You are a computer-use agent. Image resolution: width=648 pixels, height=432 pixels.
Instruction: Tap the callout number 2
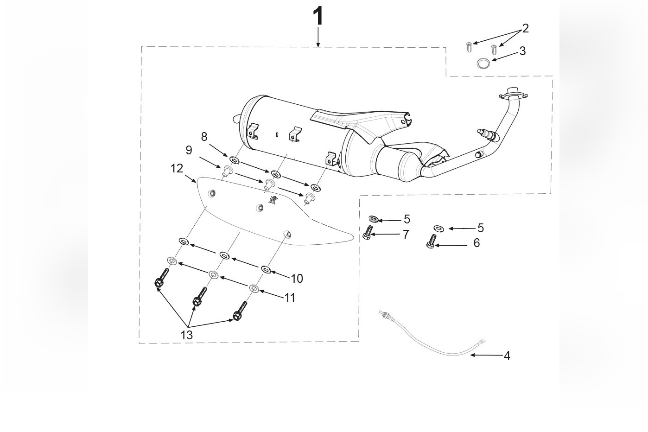525,28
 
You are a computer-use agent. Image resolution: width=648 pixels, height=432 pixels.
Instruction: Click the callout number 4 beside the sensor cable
507,356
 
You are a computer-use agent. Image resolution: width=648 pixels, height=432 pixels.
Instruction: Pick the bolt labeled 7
368,232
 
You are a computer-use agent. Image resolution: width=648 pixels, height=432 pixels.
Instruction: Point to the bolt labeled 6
432,241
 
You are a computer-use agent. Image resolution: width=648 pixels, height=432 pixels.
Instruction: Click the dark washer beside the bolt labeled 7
373,219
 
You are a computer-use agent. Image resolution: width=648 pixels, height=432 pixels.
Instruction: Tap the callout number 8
204,137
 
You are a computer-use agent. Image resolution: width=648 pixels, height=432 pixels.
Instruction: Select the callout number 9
189,150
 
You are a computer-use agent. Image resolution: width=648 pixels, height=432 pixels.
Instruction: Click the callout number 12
177,168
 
